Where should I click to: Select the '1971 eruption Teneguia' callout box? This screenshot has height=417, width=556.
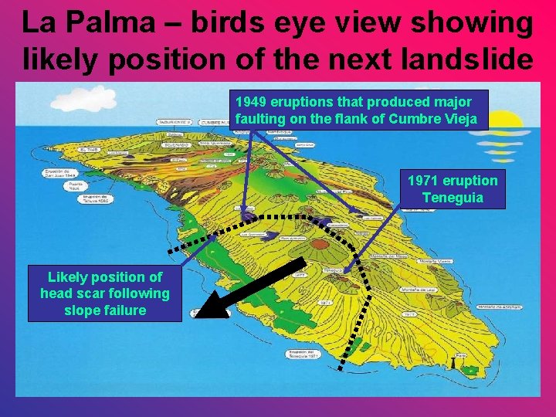(x=453, y=189)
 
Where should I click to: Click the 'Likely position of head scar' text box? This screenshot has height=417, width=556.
(x=105, y=293)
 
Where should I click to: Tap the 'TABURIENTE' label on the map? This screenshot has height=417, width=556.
(x=175, y=122)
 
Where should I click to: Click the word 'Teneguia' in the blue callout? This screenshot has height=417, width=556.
(x=453, y=198)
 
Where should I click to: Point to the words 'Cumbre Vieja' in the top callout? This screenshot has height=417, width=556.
(x=444, y=119)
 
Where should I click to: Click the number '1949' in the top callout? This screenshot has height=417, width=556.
(x=252, y=102)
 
